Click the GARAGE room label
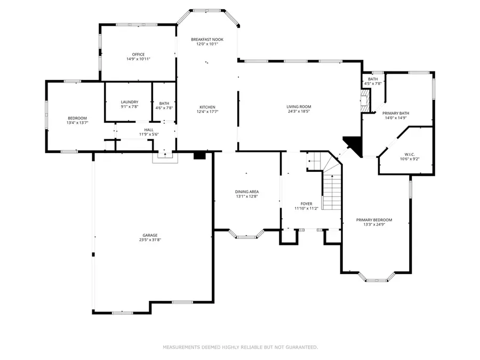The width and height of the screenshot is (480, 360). (150, 235)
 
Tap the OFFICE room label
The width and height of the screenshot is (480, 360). (139, 54)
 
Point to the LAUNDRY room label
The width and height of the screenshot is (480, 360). (130, 102)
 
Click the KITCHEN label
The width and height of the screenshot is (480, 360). (207, 107)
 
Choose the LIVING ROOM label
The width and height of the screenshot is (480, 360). (298, 107)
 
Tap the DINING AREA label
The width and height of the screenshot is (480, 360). (246, 191)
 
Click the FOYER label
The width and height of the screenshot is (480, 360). (306, 204)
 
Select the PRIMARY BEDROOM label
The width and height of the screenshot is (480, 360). (374, 220)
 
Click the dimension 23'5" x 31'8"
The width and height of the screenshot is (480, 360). (150, 240)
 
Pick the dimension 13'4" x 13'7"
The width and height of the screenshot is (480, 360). (77, 123)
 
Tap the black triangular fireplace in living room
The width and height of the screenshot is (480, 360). (353, 143)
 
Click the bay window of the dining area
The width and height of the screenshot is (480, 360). (246, 235)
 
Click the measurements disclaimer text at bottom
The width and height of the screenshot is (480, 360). (240, 347)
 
